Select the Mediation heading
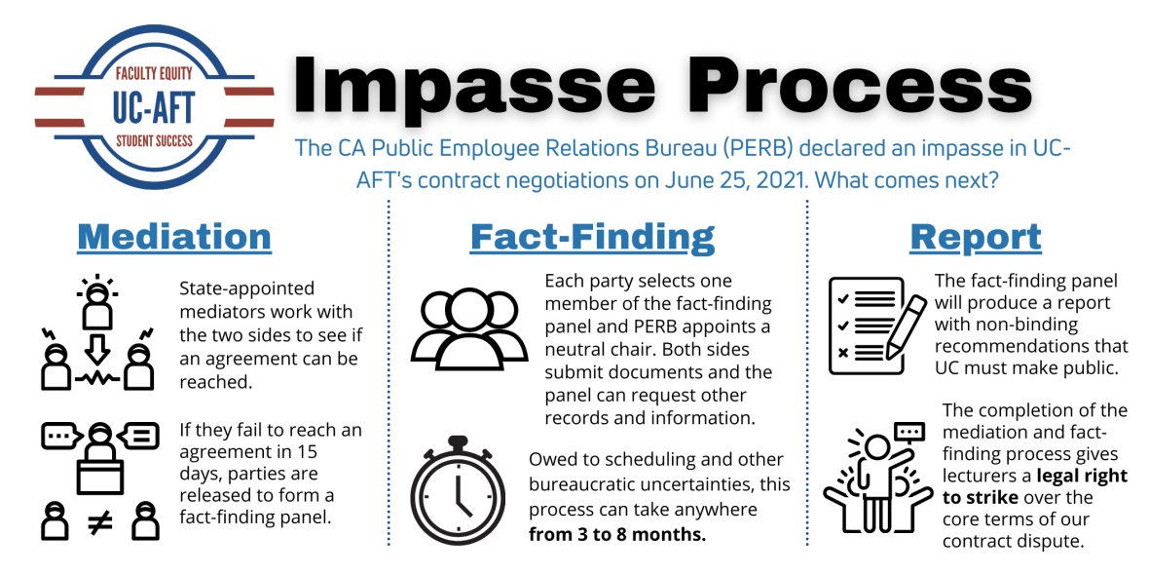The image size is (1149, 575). pos(174,237)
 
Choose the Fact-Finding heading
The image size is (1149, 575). pos(592,237)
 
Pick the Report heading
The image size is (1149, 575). pos(975,237)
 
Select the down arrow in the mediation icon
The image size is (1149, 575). pos(98,347)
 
